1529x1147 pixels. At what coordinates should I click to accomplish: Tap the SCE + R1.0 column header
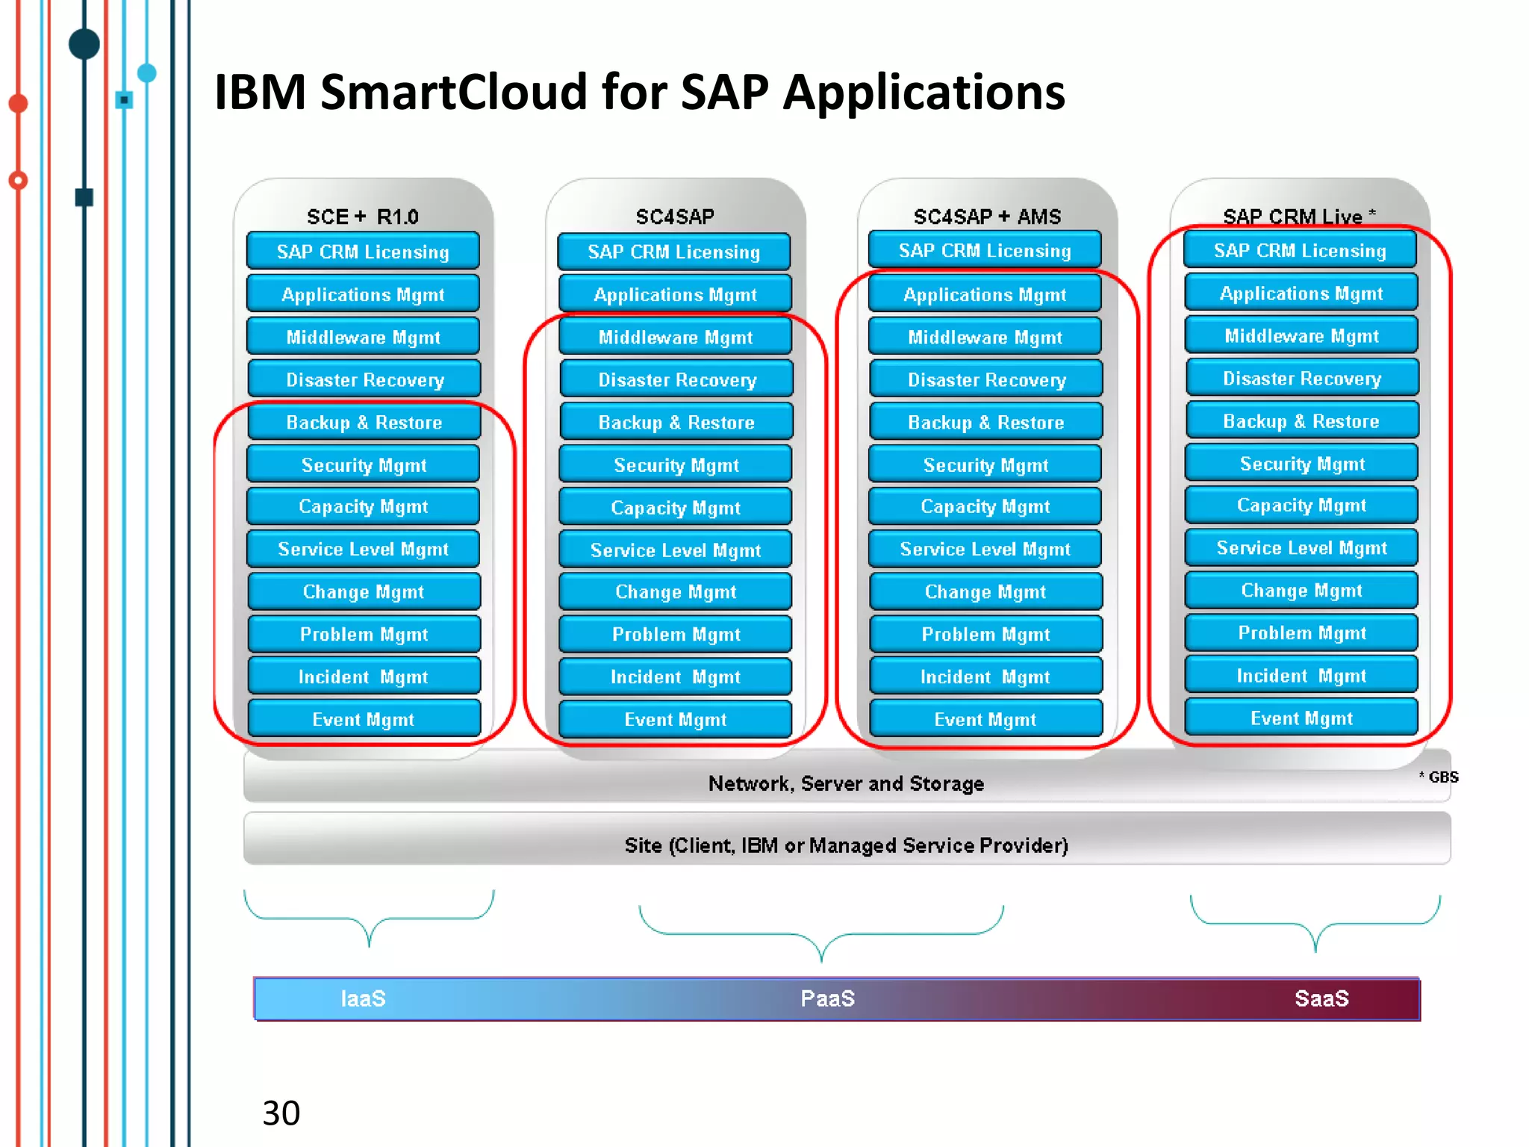[x=363, y=217]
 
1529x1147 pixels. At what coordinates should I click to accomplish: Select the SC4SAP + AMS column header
[x=987, y=217]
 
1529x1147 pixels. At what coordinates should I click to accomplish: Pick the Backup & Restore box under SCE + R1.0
[x=364, y=423]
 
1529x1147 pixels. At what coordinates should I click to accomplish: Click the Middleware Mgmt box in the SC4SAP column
[x=676, y=338]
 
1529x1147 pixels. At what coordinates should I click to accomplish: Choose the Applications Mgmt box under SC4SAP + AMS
[x=985, y=295]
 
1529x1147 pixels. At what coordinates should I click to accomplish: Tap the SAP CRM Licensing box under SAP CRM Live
[x=1300, y=251]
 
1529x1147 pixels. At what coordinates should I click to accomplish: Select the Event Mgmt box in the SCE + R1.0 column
[x=364, y=719]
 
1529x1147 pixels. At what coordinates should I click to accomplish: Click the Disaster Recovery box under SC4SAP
[x=677, y=380]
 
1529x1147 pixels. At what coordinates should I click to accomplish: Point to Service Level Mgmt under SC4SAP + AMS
[x=985, y=550]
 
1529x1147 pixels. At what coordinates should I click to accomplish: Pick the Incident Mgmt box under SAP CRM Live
[x=1301, y=676]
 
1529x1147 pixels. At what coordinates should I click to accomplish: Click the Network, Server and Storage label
[x=846, y=783]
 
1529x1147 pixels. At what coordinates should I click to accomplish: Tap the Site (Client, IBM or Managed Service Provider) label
[x=846, y=845]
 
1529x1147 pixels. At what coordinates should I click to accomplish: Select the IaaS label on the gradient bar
[x=363, y=998]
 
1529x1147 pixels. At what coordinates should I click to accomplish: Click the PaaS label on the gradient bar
[x=827, y=998]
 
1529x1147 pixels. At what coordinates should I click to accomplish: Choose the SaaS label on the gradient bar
[x=1321, y=998]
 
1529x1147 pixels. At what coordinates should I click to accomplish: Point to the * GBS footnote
[x=1439, y=777]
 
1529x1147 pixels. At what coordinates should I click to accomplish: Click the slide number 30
[x=281, y=1113]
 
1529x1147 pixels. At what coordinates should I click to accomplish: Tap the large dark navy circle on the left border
[x=84, y=44]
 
